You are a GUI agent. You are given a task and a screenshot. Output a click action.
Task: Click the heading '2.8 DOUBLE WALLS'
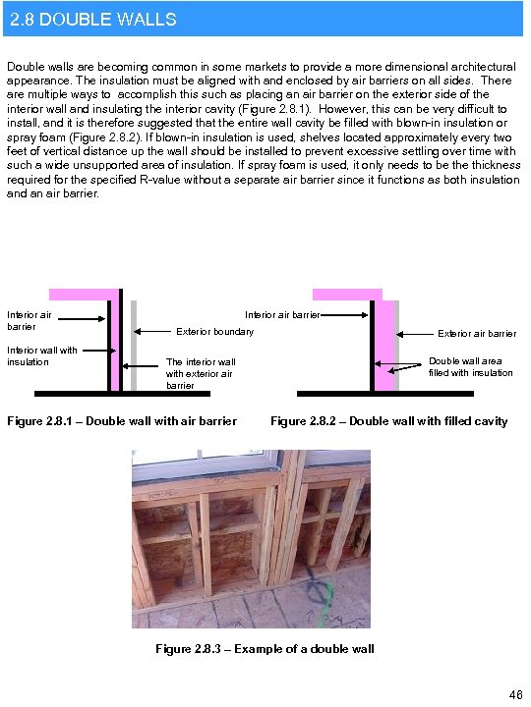pyautogui.click(x=91, y=19)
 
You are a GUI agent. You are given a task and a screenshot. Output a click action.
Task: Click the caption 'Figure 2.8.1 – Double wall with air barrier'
pyautogui.click(x=122, y=421)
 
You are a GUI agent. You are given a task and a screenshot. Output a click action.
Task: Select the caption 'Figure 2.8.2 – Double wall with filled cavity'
pyautogui.click(x=388, y=421)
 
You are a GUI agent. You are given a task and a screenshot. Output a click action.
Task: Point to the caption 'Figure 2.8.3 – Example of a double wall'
pyautogui.click(x=265, y=648)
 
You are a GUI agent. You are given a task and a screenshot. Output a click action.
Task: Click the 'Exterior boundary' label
pyautogui.click(x=213, y=331)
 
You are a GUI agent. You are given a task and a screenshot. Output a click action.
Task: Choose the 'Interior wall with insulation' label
pyautogui.click(x=41, y=355)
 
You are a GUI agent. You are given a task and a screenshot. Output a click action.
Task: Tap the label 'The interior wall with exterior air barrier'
pyautogui.click(x=201, y=373)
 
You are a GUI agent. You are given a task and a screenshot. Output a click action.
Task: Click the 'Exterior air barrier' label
pyautogui.click(x=476, y=333)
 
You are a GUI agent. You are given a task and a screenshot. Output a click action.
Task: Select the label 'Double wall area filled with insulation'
pyautogui.click(x=470, y=366)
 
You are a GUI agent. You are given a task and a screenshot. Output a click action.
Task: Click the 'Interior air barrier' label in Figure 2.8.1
pyautogui.click(x=29, y=320)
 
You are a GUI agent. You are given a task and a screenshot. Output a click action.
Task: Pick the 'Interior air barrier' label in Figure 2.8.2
pyautogui.click(x=282, y=315)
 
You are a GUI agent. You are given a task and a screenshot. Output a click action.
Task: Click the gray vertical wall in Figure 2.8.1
pyautogui.click(x=134, y=344)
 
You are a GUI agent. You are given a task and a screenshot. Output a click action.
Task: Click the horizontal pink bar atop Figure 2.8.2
pyautogui.click(x=346, y=294)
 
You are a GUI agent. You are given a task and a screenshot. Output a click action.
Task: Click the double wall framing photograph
pyautogui.click(x=252, y=539)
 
